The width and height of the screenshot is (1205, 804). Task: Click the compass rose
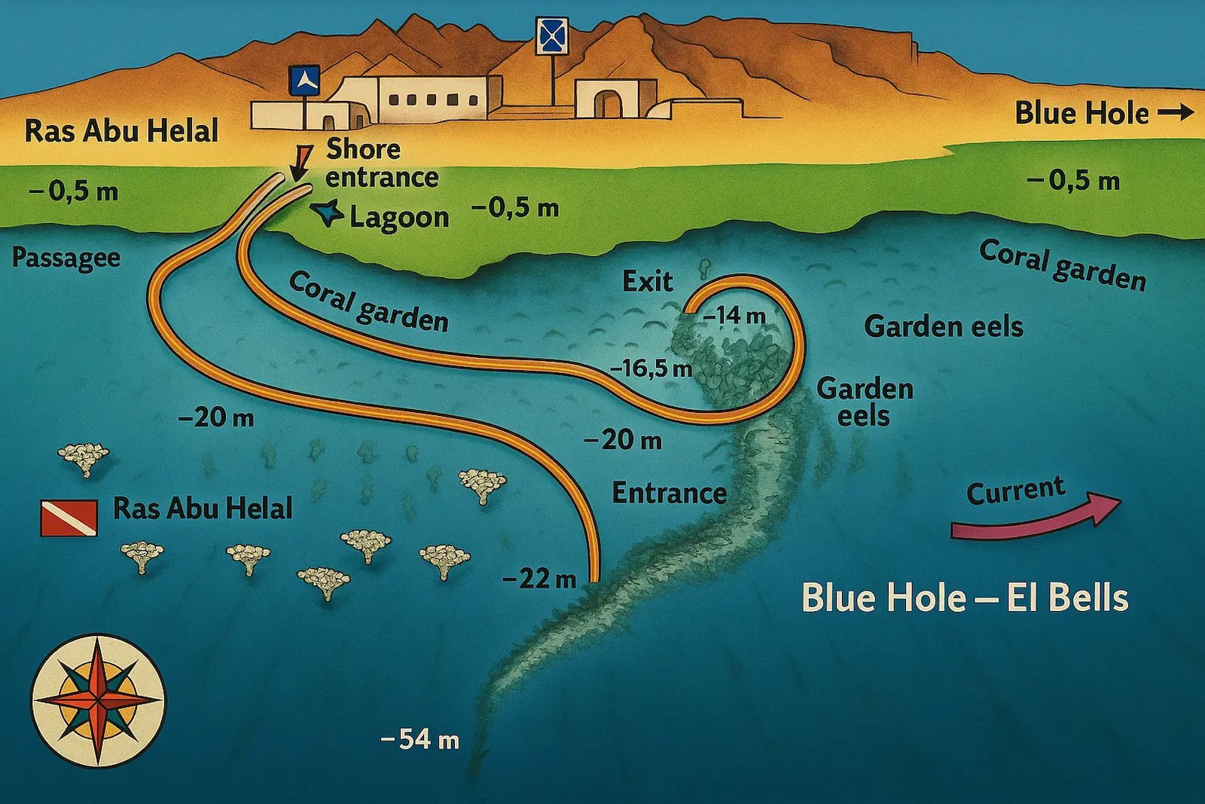click(x=98, y=701)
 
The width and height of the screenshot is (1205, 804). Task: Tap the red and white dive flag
click(x=69, y=518)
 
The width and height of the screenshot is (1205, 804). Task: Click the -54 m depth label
click(x=420, y=739)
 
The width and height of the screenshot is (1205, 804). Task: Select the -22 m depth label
click(x=539, y=579)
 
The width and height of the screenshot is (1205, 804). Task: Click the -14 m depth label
click(x=734, y=316)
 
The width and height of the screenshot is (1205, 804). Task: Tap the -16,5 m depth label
click(x=651, y=368)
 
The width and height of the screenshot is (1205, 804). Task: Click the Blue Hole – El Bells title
click(x=965, y=598)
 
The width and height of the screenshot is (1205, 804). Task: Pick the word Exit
click(x=647, y=282)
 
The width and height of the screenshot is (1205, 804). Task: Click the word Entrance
click(x=669, y=494)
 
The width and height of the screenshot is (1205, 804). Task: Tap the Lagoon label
click(x=399, y=218)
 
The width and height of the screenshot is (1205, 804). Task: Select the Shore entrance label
click(x=381, y=164)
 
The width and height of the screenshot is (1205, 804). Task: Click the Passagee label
click(x=66, y=258)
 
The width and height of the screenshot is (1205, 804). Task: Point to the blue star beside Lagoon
click(x=328, y=213)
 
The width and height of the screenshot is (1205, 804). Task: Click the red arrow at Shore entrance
click(x=302, y=160)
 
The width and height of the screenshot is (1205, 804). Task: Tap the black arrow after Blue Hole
click(x=1176, y=113)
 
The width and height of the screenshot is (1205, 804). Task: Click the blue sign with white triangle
click(x=304, y=81)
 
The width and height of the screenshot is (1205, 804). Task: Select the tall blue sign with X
click(x=551, y=36)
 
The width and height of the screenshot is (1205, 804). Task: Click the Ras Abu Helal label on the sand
click(x=121, y=131)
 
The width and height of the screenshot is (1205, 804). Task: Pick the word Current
click(x=1015, y=491)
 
